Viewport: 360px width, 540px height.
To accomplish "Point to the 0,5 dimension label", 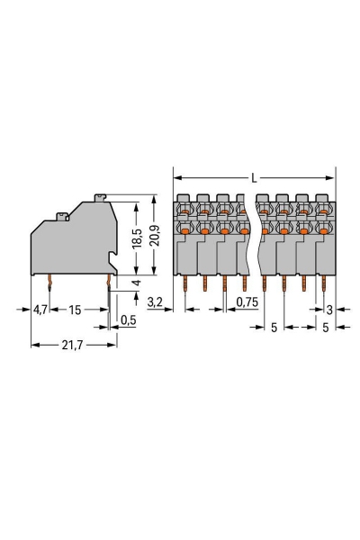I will tap(129, 319).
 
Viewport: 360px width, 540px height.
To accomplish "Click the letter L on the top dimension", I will tap(254, 179).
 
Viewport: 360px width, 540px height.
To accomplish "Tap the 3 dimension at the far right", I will tap(330, 309).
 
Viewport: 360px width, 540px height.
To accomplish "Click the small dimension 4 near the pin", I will tap(136, 283).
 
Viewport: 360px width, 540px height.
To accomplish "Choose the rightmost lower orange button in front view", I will tap(321, 231).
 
